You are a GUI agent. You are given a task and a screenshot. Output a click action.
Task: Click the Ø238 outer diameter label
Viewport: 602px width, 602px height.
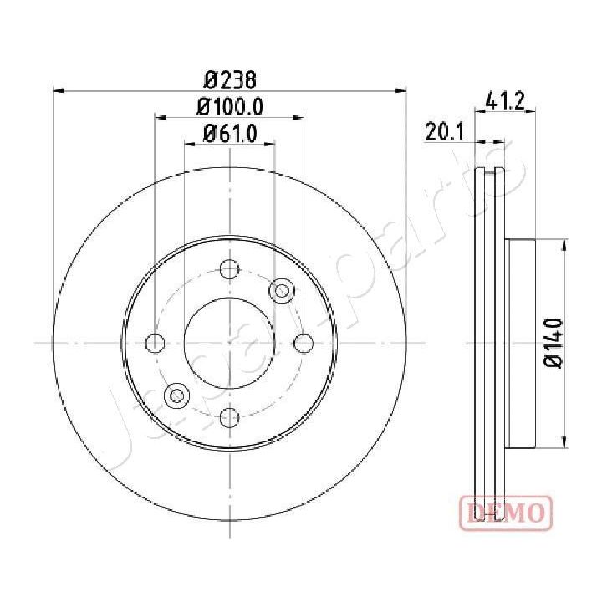coord(230,80)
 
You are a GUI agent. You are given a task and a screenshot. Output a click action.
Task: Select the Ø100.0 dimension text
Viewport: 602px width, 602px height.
coord(230,107)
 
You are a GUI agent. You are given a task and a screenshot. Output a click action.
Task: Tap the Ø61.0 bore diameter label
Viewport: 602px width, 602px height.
coord(230,133)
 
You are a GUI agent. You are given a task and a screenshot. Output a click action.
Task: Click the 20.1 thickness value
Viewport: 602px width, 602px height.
coord(444,133)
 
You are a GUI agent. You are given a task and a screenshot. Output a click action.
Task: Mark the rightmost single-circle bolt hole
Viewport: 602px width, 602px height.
coord(304,343)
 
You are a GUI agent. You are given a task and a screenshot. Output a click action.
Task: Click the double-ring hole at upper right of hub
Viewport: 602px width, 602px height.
coord(282,290)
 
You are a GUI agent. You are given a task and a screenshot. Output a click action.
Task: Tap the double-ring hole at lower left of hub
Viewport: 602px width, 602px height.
coord(176,395)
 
